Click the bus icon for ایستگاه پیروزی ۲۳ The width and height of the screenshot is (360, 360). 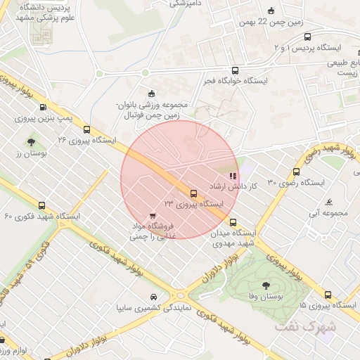coord(193,193)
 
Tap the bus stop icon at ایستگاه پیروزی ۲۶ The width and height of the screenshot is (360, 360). coord(87,129)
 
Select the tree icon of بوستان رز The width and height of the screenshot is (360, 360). coord(32,143)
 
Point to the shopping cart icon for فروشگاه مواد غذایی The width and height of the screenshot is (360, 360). coord(153,215)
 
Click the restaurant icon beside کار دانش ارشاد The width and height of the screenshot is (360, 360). coord(233,176)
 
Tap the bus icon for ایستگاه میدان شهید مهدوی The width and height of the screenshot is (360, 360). coord(233,222)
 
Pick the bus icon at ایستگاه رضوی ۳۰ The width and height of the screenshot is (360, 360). coord(296,172)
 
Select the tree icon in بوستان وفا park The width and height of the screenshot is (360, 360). coord(266,285)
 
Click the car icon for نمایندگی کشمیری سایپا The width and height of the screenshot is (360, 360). coord(154,297)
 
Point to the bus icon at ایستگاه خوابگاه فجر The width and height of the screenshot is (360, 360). coord(235,71)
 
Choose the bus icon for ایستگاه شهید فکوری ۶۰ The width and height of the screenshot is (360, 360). coord(42,206)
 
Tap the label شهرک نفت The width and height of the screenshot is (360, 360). coord(316,327)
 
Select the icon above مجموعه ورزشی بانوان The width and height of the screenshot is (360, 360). coord(150,94)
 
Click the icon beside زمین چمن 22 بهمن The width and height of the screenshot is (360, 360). coord(272,11)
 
